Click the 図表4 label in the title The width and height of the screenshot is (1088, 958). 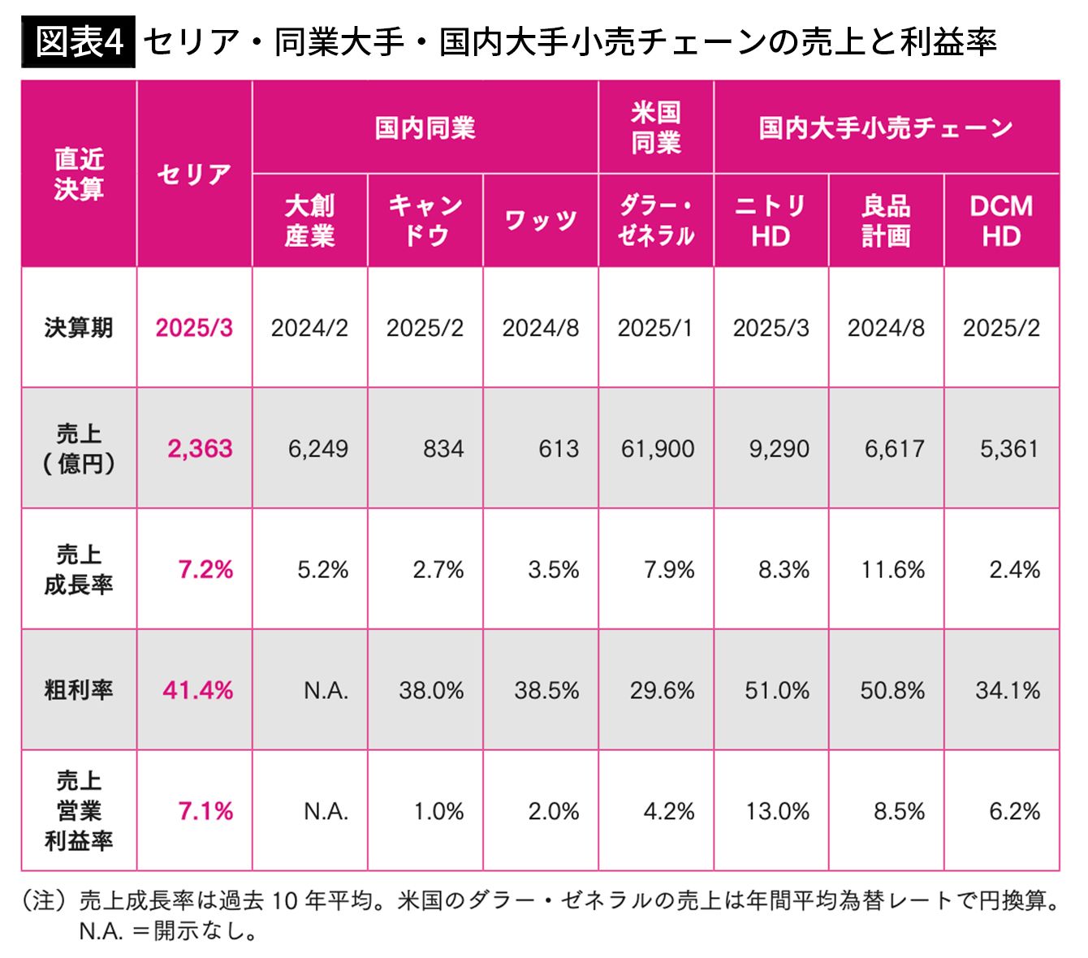click(x=79, y=41)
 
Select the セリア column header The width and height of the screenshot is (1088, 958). click(x=194, y=174)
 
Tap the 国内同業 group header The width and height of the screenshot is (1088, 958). click(x=425, y=127)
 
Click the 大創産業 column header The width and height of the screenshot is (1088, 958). click(x=309, y=221)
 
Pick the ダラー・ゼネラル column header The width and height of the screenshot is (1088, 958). click(x=656, y=221)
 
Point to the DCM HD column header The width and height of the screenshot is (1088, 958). click(x=1001, y=221)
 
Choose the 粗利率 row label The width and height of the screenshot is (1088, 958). click(x=79, y=690)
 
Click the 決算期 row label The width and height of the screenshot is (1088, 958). click(x=79, y=328)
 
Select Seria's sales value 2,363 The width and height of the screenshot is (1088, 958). click(x=200, y=449)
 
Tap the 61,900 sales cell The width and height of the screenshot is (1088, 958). click(x=658, y=449)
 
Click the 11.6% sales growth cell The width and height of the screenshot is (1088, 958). click(x=893, y=570)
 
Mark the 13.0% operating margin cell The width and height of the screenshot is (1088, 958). click(x=777, y=811)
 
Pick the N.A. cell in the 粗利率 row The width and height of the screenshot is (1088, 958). click(x=326, y=691)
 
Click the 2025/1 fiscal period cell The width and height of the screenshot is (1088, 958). click(x=655, y=328)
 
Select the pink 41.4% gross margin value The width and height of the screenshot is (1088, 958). click(x=197, y=691)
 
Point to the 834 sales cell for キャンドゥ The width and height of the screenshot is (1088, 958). click(x=443, y=449)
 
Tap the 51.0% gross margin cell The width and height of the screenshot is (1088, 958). click(x=777, y=691)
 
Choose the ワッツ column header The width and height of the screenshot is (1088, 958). click(x=541, y=221)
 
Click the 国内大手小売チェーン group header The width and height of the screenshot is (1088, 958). click(x=886, y=127)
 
